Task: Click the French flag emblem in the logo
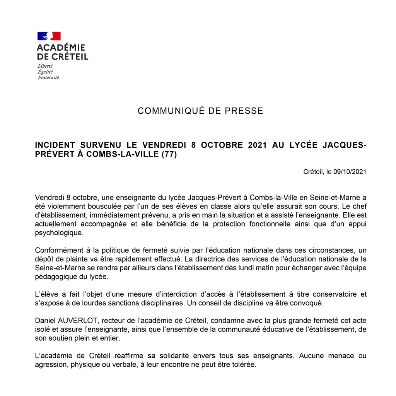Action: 49,36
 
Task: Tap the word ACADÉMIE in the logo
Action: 61,48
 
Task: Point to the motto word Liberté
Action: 45,66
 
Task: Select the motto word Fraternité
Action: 48,77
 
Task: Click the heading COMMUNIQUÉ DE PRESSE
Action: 200,111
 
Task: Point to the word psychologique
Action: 58,233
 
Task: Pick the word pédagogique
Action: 56,277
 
